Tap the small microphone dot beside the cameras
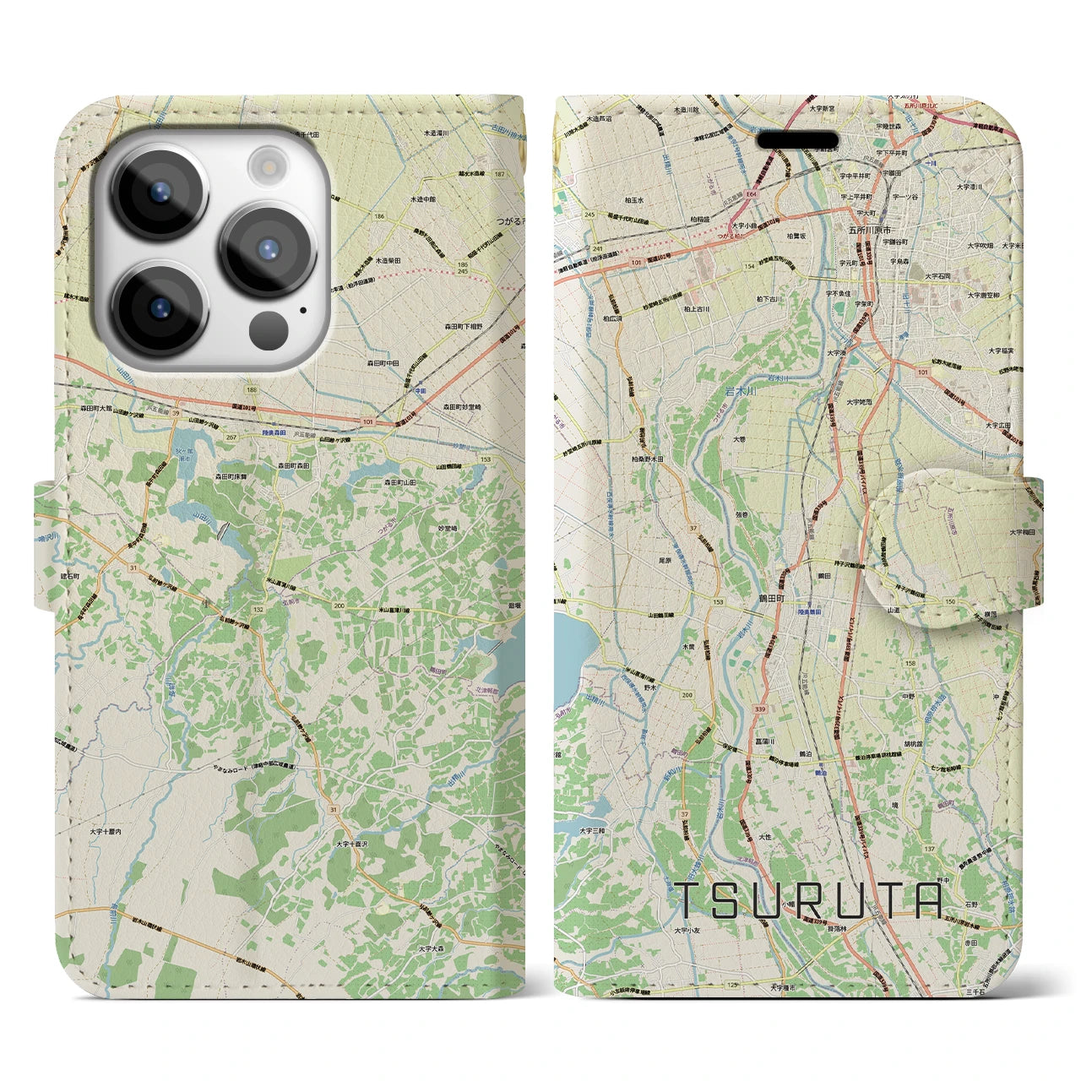point(302,309)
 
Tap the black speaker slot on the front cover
point(802,139)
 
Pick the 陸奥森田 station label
point(274,433)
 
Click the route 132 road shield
point(258,609)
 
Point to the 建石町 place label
point(64,576)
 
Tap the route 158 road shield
point(910,663)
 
